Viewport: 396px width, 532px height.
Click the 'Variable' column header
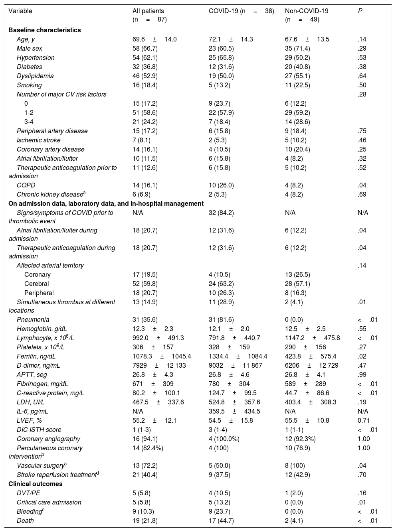pyautogui.click(x=20, y=11)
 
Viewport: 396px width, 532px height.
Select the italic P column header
pyautogui.click(x=360, y=11)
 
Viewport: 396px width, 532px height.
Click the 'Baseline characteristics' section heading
pyautogui.click(x=45, y=30)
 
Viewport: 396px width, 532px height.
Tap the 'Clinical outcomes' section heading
pyautogui.click(x=36, y=484)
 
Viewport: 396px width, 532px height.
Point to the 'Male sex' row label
pyautogui.click(x=29, y=48)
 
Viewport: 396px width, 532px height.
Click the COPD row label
pyautogui.click(x=26, y=185)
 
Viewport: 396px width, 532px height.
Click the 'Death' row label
pyautogui.click(x=25, y=520)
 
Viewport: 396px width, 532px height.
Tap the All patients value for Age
pyautogui.click(x=154, y=39)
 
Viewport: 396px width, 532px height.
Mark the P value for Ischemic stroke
pyautogui.click(x=362, y=140)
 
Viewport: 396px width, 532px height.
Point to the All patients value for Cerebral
pyautogui.click(x=145, y=284)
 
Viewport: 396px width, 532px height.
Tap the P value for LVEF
pyautogui.click(x=364, y=420)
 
